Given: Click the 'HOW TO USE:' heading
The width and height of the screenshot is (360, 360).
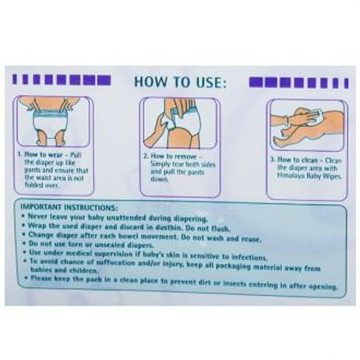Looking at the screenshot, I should click(179, 81).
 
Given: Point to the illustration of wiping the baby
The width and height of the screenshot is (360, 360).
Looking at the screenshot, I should click(307, 125).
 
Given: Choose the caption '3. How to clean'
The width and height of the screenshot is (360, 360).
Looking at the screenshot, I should click(295, 160).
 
